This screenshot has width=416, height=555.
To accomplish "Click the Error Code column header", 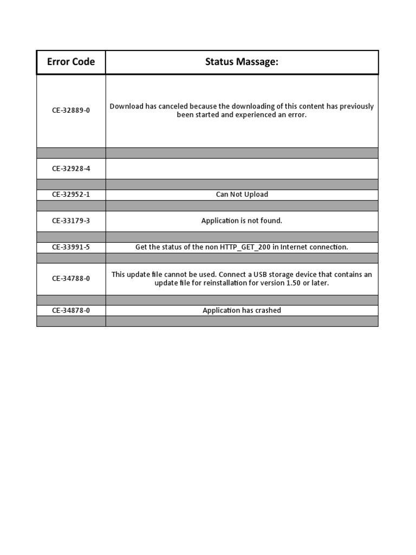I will click(x=71, y=62).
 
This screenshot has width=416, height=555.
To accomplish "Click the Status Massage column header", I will click(x=242, y=62).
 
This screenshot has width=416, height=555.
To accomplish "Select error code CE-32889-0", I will click(x=71, y=111).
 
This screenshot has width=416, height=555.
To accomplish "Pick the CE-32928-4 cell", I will click(x=71, y=169).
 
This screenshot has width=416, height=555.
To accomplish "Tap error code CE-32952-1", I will click(x=71, y=195).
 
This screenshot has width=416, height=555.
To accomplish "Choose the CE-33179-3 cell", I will click(x=71, y=221).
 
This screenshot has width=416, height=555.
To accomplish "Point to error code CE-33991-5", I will click(x=71, y=247).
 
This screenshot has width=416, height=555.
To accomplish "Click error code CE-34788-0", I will click(x=71, y=279).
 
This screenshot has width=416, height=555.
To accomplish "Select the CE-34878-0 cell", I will click(x=71, y=311).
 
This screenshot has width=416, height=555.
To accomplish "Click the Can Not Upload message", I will click(x=242, y=195).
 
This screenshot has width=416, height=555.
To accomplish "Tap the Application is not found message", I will click(x=242, y=221).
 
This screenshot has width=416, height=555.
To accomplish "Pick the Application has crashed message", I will click(x=242, y=311).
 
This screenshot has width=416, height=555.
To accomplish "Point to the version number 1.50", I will click(x=293, y=283).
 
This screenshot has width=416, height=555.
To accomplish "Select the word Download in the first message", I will click(x=126, y=106).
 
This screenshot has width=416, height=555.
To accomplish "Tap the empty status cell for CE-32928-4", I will click(x=242, y=169).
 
